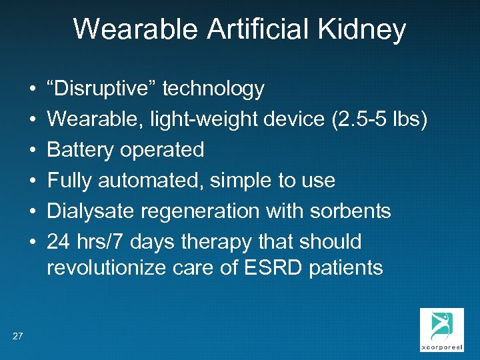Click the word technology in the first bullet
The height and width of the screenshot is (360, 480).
[213, 89]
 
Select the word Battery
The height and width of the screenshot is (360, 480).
[81, 150]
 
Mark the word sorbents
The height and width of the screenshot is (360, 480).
[351, 211]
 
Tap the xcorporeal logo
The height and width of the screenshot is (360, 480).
[441, 329]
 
